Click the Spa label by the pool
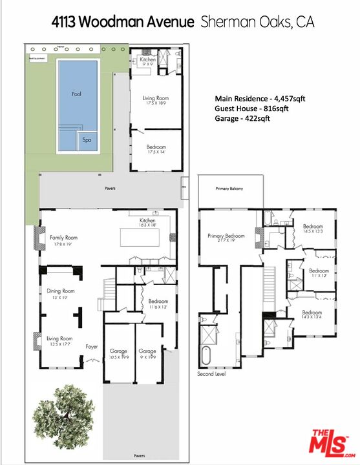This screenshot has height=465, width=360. [85, 139]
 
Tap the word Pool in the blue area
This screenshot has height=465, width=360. [76, 94]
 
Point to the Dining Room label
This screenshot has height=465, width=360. [61, 291]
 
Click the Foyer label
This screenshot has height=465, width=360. [92, 347]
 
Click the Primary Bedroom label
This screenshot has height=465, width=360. [226, 236]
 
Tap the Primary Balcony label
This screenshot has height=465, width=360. [230, 189]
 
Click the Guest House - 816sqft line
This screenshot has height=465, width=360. [251, 109]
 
